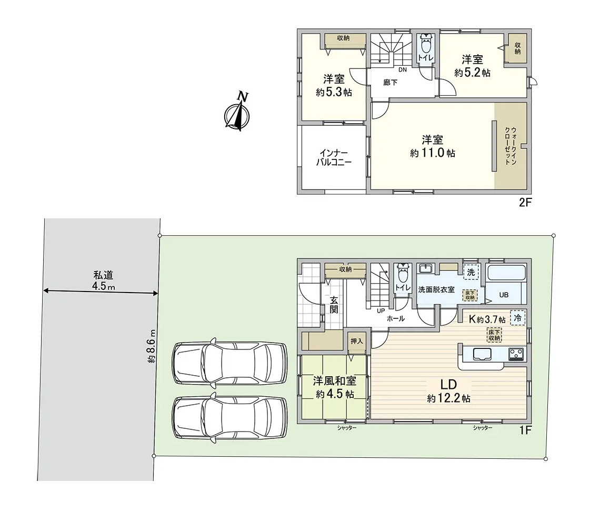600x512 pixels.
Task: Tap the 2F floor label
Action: pyautogui.click(x=525, y=203)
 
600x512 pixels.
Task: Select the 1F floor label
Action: pyautogui.click(x=525, y=430)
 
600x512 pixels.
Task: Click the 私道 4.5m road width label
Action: pyautogui.click(x=104, y=280)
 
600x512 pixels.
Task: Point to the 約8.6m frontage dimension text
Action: pyautogui.click(x=152, y=346)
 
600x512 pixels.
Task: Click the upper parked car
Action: pyautogui.click(x=229, y=363)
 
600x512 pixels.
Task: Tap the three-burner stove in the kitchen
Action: pyautogui.click(x=516, y=354)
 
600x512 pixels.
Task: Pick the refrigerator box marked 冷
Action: pyautogui.click(x=517, y=318)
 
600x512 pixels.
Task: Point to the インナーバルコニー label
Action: pyautogui.click(x=334, y=157)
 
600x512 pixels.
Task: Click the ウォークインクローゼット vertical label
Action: pyautogui.click(x=511, y=145)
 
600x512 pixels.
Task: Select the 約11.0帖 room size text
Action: pyautogui.click(x=433, y=154)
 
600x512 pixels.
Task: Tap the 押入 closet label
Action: pyautogui.click(x=357, y=342)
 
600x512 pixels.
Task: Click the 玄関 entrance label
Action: pyautogui.click(x=334, y=305)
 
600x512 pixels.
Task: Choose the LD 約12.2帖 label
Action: pyautogui.click(x=449, y=390)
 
